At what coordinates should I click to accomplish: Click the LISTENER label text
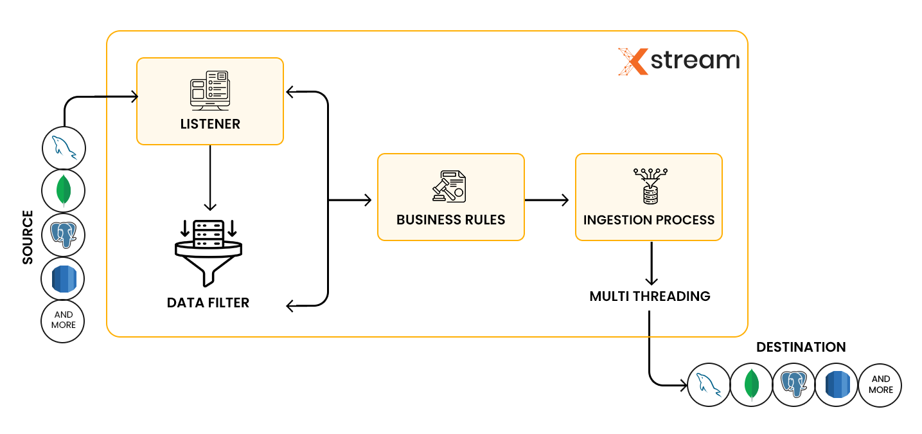[x=210, y=124]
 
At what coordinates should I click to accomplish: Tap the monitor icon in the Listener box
[x=209, y=89]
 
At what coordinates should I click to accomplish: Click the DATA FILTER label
[x=208, y=302]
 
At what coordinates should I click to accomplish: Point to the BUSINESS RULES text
[x=450, y=220]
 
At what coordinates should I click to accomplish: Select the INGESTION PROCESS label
[x=648, y=220]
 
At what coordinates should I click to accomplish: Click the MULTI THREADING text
[x=650, y=296]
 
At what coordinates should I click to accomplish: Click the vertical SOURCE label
[x=28, y=237]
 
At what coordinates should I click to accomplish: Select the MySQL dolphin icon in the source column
[x=64, y=148]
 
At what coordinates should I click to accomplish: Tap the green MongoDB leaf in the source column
[x=64, y=191]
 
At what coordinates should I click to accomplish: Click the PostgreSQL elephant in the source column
[x=64, y=235]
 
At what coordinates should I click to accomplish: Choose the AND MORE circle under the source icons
[x=64, y=320]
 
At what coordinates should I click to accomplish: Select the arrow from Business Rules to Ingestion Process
[x=547, y=201]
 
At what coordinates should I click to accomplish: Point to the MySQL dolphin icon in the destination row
[x=708, y=386]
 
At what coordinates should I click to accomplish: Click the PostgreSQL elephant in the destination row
[x=793, y=386]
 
